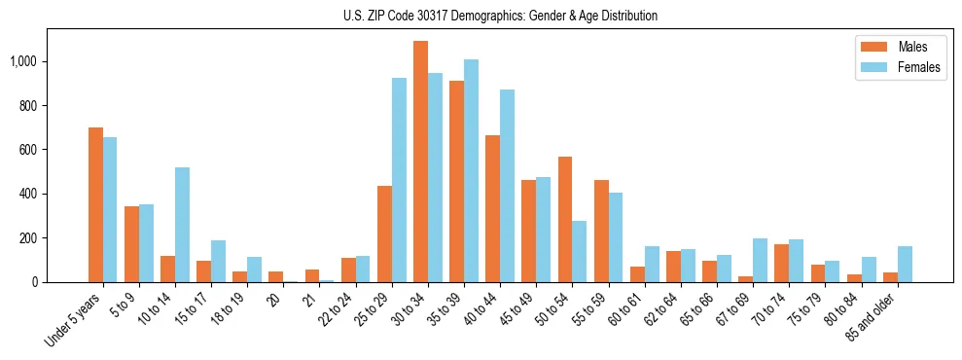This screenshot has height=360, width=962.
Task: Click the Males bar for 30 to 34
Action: click(x=421, y=162)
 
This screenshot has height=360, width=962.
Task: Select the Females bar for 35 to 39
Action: click(x=472, y=171)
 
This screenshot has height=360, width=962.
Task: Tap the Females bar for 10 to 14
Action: click(x=182, y=225)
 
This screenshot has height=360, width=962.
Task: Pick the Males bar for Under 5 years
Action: click(x=95, y=205)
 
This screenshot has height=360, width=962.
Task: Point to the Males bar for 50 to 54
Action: click(x=565, y=220)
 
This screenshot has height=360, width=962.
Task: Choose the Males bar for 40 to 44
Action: click(x=493, y=209)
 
